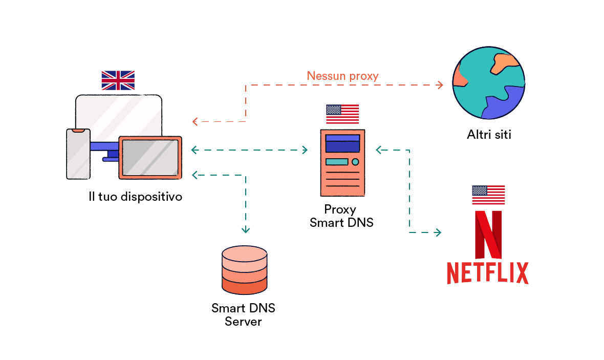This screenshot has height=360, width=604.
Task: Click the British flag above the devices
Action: coord(118,80)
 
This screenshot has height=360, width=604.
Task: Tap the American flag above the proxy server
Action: coord(342,114)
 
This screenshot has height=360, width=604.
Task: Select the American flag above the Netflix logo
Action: coord(488,195)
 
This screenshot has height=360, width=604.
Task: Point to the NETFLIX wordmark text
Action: coord(487,273)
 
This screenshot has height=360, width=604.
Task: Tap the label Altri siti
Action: coord(489,135)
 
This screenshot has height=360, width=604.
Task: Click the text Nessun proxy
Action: coord(342,76)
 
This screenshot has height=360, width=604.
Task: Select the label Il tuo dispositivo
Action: coord(135,197)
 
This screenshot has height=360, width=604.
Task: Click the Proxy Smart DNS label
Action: coord(341,216)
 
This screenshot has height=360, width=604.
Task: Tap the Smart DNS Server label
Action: coord(243,314)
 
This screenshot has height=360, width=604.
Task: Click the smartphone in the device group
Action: coord(78,154)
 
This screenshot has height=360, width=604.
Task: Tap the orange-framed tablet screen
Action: coord(150,157)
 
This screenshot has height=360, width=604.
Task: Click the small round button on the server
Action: coord(355,162)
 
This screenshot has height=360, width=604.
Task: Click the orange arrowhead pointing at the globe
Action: coord(440,84)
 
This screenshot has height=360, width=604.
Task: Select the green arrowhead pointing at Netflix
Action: coord(438,232)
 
